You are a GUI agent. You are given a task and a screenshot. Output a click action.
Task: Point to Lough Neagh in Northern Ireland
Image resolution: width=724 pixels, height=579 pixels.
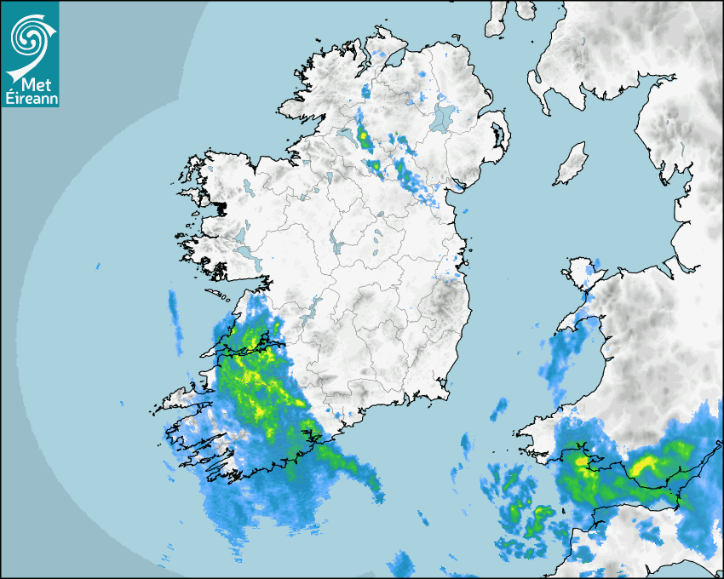coord(443,117)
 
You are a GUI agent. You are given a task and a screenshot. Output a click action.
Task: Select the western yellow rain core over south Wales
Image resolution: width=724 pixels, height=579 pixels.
coord(582,462)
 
